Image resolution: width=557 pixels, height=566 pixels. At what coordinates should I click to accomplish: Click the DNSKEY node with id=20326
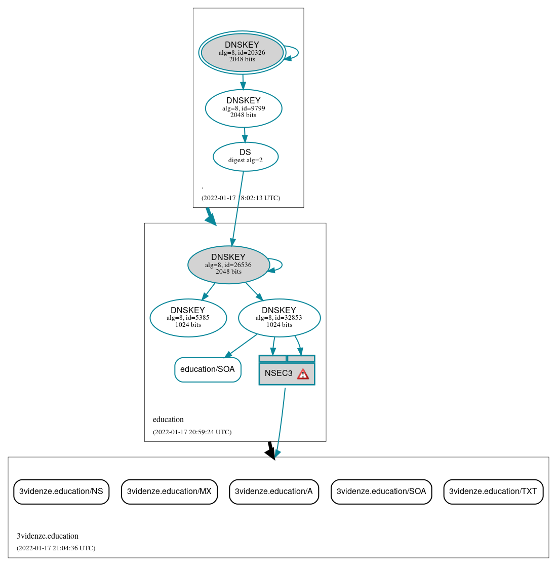(242, 53)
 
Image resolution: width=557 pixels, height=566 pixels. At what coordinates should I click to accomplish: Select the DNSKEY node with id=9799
(244, 108)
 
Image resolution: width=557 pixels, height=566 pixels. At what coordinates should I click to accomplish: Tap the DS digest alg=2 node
(246, 157)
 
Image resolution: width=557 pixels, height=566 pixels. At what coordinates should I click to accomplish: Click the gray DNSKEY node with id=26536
(228, 265)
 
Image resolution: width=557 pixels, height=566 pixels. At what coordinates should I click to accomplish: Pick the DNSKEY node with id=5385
(188, 318)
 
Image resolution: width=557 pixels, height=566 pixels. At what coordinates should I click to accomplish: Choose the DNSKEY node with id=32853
(279, 318)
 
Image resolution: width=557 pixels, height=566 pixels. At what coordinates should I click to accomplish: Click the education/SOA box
(208, 369)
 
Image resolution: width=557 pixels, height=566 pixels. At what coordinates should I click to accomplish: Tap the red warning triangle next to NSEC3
(303, 374)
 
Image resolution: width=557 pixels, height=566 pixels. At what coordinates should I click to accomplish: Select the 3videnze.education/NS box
(61, 492)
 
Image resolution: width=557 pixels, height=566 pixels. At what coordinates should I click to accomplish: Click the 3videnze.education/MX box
(169, 492)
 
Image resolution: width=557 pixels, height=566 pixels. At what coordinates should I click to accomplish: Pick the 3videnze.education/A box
(274, 492)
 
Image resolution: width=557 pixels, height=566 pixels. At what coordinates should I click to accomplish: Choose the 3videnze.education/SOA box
(381, 492)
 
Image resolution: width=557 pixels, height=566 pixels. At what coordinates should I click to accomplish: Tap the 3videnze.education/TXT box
(493, 492)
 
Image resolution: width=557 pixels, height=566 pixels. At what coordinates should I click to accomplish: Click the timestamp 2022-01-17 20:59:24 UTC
(192, 432)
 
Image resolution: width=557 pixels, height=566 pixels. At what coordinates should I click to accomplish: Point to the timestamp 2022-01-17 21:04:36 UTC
(56, 548)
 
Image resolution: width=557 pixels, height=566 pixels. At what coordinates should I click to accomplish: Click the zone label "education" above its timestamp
(168, 420)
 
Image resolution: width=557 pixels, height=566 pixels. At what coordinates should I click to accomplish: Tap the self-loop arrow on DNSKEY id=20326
(297, 53)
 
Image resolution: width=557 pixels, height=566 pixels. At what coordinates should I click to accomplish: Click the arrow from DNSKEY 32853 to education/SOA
(242, 345)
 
